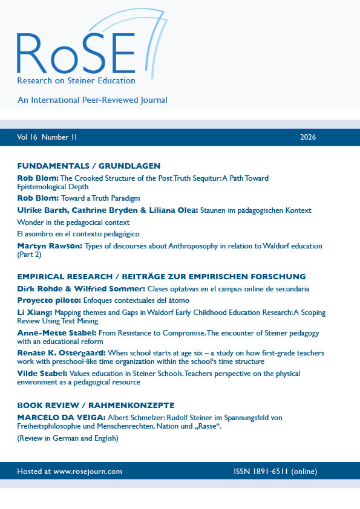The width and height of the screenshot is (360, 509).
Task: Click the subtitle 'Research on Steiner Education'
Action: (76, 80)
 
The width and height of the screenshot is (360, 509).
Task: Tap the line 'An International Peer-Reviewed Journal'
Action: (92, 100)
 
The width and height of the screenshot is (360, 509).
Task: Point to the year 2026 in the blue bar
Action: (308, 137)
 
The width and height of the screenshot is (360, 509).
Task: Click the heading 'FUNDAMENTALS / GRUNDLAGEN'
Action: (88, 166)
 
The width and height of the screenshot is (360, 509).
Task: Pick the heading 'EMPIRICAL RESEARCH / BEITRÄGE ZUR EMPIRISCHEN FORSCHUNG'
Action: (161, 276)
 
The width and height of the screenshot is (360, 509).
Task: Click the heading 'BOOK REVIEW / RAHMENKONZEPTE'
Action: (95, 405)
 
